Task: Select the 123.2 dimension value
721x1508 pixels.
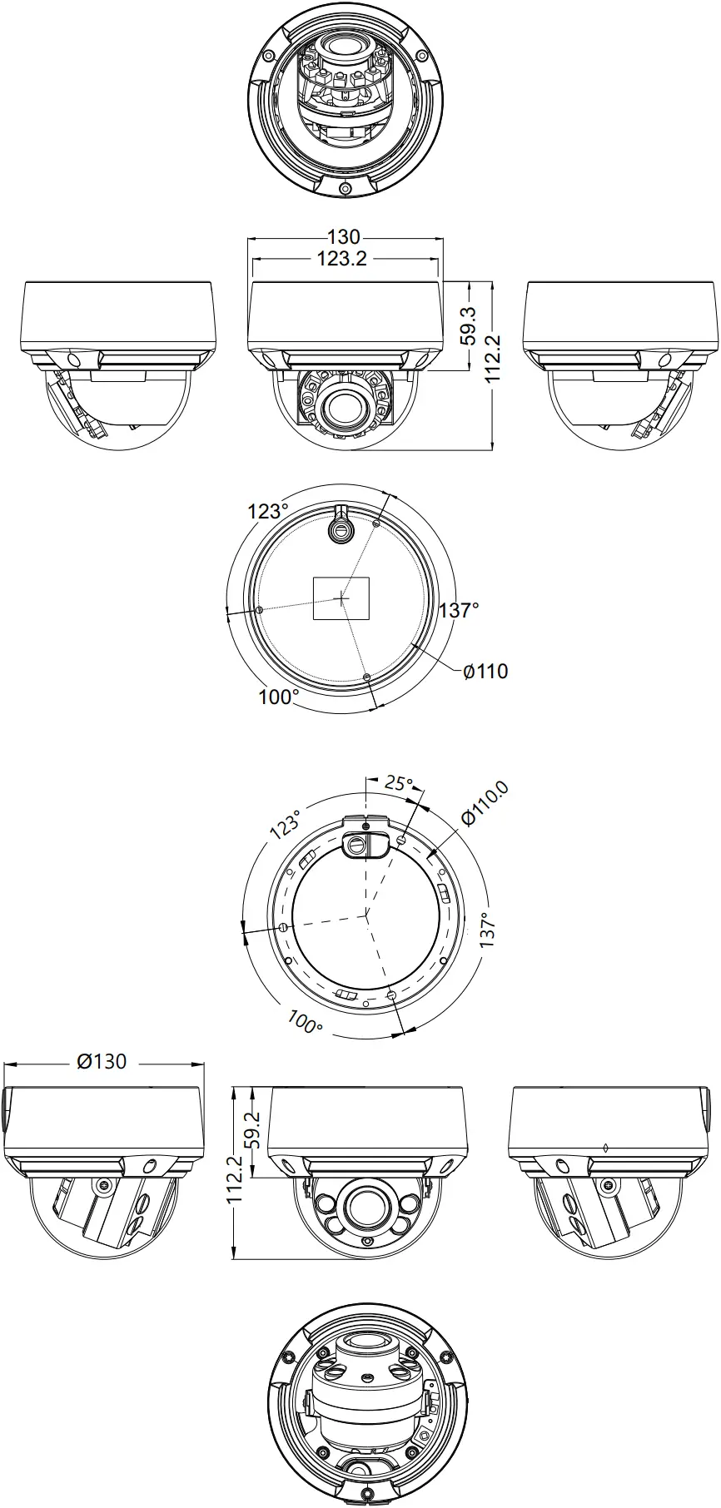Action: click(341, 259)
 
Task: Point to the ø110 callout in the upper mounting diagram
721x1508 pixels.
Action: click(485, 671)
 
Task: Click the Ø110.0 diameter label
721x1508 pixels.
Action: click(485, 804)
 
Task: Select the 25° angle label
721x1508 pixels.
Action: click(399, 783)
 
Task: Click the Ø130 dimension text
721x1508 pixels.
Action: click(102, 1062)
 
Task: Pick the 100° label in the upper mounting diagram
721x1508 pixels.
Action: click(278, 697)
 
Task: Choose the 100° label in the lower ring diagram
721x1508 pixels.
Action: click(305, 1022)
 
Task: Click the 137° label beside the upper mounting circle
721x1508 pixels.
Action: click(459, 610)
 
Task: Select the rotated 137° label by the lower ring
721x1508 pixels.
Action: click(490, 930)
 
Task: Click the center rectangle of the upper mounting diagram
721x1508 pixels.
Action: click(342, 598)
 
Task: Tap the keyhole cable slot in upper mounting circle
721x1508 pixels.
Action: click(341, 528)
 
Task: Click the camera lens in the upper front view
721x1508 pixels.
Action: click(342, 405)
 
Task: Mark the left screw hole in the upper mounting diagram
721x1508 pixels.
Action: click(260, 610)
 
